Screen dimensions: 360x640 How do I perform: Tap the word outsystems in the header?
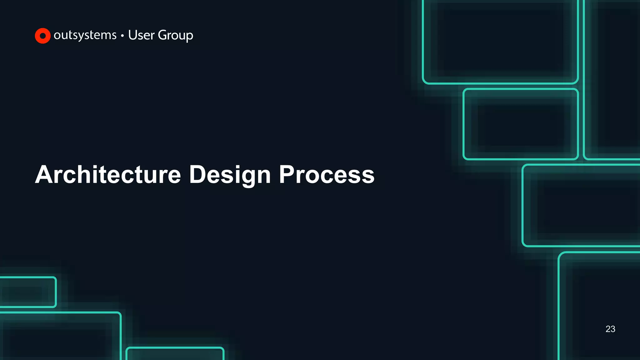click(85, 35)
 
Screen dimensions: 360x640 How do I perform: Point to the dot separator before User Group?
click(122, 36)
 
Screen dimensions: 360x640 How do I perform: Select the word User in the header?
click(141, 35)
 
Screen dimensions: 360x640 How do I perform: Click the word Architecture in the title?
click(108, 174)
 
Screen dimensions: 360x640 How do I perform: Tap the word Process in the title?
click(327, 174)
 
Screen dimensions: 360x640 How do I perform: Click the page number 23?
click(610, 329)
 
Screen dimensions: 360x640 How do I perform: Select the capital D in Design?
click(197, 174)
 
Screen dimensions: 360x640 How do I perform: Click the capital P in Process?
click(287, 174)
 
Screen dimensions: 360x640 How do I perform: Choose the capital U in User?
click(132, 35)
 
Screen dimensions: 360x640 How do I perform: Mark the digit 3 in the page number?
click(613, 329)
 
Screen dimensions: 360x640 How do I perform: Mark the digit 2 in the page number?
click(608, 329)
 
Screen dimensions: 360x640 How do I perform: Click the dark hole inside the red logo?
click(43, 36)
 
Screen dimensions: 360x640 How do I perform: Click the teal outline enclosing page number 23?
click(559, 312)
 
